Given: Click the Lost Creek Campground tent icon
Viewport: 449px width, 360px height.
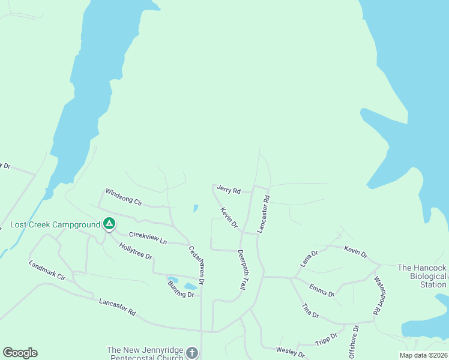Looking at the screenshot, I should point(109,224).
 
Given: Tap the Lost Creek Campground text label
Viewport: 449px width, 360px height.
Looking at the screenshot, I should point(55,225).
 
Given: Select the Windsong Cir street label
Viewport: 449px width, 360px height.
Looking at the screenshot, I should point(123,196).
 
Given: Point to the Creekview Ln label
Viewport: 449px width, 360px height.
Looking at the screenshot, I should point(148,236).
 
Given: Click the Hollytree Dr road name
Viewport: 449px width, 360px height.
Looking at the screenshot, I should point(136,251).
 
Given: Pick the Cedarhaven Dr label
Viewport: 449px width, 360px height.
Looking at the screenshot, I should point(197,265).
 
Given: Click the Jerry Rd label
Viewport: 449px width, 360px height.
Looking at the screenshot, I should point(229,190).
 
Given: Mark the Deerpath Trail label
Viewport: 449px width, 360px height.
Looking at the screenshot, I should point(241,270).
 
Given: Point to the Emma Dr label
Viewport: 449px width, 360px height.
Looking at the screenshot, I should point(322,290).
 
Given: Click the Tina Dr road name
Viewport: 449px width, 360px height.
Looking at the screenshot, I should point(310,311).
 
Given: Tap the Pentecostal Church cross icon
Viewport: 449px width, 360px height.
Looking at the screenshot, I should point(191,353).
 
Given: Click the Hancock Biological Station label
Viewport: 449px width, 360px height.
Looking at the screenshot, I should point(423,276).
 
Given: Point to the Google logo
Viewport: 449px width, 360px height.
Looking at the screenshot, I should point(20,353).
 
